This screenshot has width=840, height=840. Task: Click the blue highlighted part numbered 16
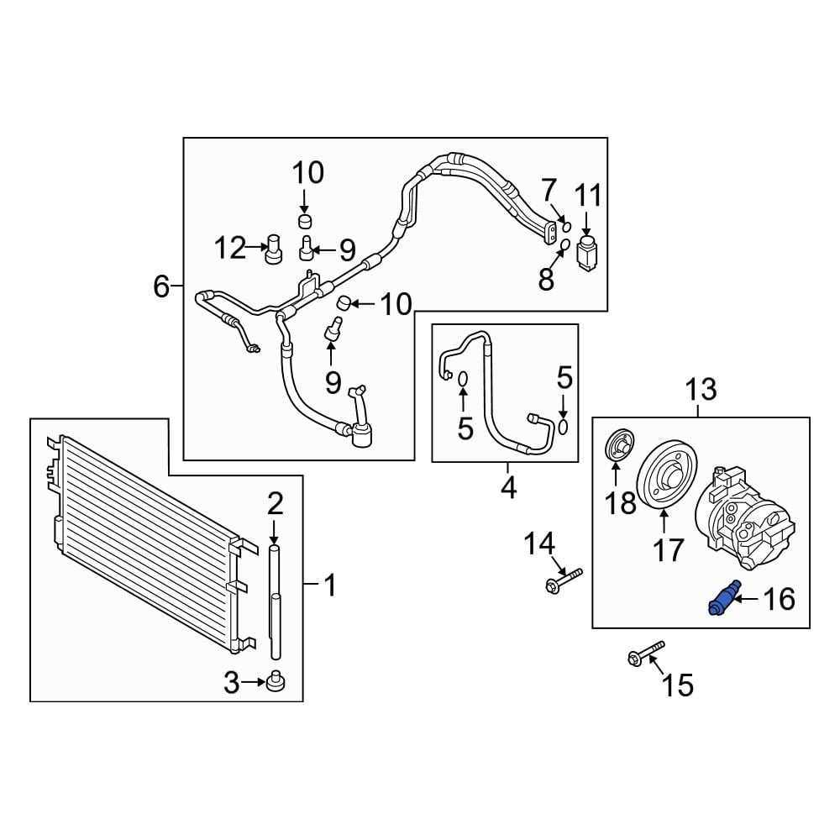(x=724, y=596)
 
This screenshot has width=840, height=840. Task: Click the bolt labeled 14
(x=564, y=580)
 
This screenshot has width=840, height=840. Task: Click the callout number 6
(x=160, y=286)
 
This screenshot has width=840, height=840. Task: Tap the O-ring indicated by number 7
(x=566, y=227)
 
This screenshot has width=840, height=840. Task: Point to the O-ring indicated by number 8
(x=564, y=245)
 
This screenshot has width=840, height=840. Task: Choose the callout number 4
(x=508, y=487)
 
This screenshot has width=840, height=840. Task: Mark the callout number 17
(x=668, y=549)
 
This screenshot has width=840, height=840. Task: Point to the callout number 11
(x=588, y=195)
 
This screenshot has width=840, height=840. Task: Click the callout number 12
(x=230, y=249)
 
